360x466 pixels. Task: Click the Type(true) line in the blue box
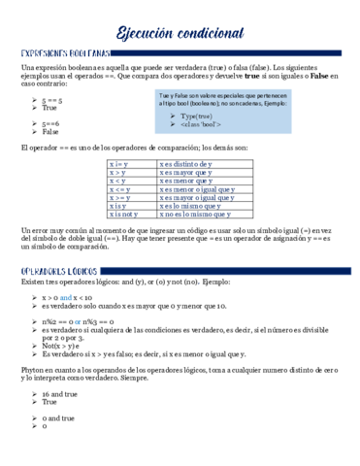[198, 116]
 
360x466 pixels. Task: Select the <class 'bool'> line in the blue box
[204, 125]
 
